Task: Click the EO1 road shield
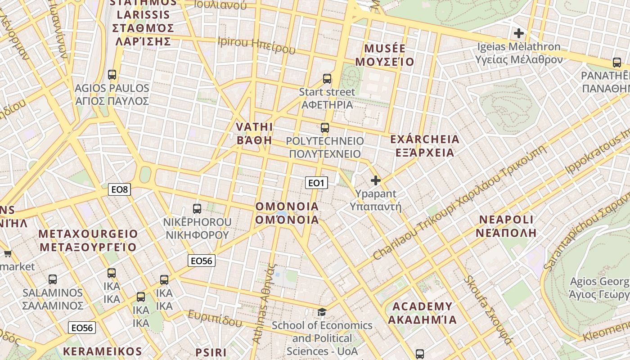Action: pos(316,183)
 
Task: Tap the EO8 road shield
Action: pos(120,190)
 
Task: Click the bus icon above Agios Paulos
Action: pos(112,75)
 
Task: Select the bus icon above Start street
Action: pos(327,79)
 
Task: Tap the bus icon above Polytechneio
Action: pos(325,128)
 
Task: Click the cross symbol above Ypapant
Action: pos(375,181)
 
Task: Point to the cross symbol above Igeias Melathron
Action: pos(519,33)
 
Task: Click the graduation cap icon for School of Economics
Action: pos(322,312)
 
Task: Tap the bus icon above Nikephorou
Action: pos(197,209)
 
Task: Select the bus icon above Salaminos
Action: pos(53,279)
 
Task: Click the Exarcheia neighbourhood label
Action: pos(425,146)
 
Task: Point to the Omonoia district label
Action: pos(287,213)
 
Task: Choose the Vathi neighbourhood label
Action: pos(254,133)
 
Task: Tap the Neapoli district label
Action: pos(506,226)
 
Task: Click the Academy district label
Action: pos(422,313)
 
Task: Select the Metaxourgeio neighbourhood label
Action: pos(88,240)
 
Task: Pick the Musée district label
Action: pos(385,55)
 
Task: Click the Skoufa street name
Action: pos(488,310)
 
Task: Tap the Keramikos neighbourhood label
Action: pos(103,351)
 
